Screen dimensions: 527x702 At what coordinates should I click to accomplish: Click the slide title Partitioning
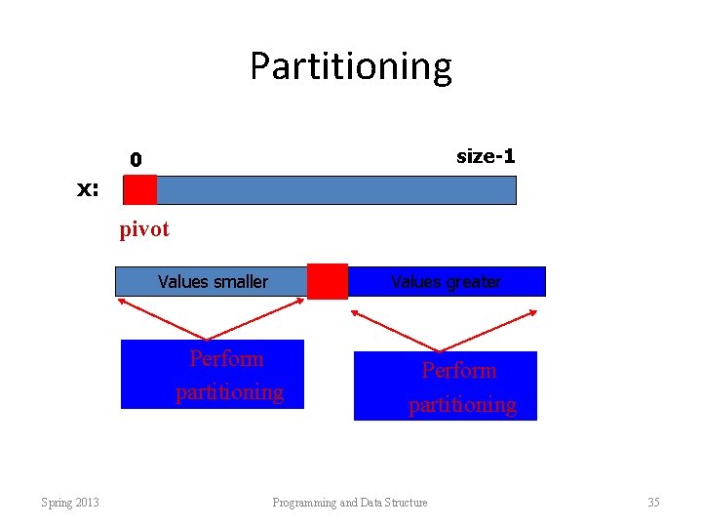pos(350,66)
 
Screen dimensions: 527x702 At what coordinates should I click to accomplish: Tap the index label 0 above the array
pos(136,159)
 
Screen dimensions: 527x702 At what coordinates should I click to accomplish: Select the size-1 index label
pos(485,156)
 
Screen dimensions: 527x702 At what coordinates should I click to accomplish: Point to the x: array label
pos(89,189)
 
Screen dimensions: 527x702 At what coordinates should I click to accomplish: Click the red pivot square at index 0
pos(140,189)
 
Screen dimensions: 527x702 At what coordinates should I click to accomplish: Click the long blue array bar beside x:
pos(335,189)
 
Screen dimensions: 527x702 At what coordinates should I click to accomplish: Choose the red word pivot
pos(144,229)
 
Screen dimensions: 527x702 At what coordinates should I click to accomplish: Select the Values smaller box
pos(212,282)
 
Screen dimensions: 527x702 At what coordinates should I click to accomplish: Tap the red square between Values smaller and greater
pos(327,281)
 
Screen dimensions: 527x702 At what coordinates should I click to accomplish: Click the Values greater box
pos(446,282)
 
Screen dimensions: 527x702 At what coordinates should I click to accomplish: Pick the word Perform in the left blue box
pos(226,358)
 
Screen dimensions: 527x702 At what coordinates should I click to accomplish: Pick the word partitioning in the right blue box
pos(461,404)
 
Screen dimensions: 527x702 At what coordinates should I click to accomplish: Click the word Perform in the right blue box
pos(458,371)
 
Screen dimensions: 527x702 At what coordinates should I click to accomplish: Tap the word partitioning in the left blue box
pos(229,392)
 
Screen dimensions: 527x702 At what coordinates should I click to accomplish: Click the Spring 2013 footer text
pos(69,503)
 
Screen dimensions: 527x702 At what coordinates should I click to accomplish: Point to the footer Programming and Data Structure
pos(349,503)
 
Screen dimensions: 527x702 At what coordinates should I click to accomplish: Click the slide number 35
pos(653,503)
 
